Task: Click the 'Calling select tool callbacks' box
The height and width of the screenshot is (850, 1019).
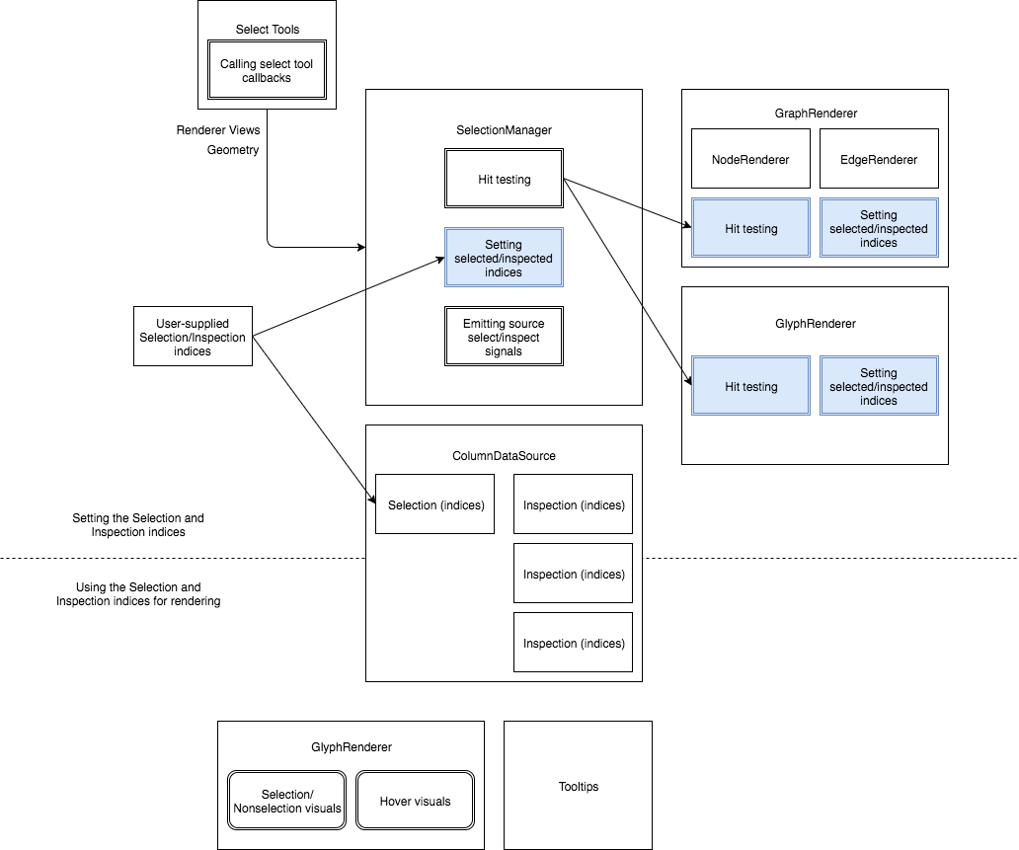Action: click(x=267, y=70)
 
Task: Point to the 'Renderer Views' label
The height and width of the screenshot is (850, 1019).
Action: click(x=218, y=130)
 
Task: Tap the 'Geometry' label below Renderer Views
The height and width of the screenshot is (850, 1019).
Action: click(x=233, y=150)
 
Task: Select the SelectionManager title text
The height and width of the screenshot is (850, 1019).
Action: click(x=504, y=130)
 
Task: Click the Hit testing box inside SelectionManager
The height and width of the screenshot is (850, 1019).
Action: click(x=504, y=179)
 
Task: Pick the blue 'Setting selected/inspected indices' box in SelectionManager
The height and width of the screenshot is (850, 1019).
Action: click(x=504, y=258)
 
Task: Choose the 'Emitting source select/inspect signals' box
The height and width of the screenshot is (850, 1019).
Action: click(x=504, y=337)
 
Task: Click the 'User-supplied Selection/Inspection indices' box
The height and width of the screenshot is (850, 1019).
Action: click(x=193, y=337)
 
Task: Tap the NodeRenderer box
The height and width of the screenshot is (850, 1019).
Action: click(x=750, y=159)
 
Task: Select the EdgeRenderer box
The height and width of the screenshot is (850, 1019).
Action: click(x=878, y=159)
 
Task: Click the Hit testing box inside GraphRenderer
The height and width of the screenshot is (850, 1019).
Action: click(x=750, y=228)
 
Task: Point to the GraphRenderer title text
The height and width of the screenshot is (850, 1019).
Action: click(x=815, y=114)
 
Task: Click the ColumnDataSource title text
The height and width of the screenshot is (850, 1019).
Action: click(x=504, y=455)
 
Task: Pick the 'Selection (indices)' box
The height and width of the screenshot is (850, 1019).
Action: click(x=435, y=504)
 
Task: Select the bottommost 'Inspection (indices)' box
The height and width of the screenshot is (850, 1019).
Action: click(x=574, y=643)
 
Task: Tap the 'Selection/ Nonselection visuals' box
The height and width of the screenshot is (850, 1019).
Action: click(x=287, y=801)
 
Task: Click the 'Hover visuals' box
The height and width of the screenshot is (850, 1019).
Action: click(x=415, y=801)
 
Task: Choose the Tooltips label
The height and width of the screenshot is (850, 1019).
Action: click(x=578, y=787)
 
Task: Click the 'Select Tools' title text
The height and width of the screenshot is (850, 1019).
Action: click(x=267, y=30)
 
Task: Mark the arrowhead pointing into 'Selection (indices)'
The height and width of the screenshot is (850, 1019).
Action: click(x=371, y=502)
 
